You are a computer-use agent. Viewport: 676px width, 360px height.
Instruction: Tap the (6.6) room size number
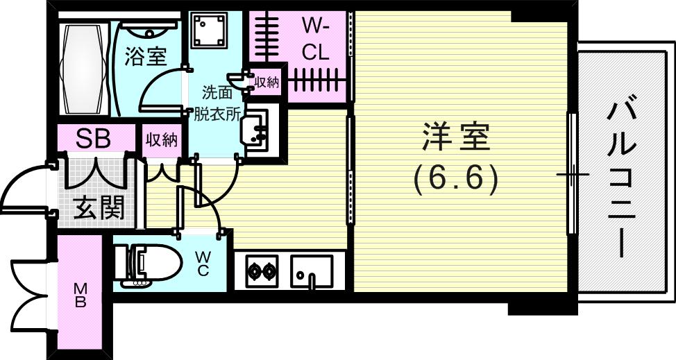(456, 180)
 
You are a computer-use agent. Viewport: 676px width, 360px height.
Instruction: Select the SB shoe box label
(93, 139)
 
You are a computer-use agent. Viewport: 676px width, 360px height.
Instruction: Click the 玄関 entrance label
(99, 208)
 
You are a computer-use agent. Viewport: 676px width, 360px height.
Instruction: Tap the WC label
(203, 264)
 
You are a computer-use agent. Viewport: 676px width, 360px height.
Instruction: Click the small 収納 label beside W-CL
(267, 83)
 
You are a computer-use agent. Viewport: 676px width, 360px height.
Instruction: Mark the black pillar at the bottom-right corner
(541, 307)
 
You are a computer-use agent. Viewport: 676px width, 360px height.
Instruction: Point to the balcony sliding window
(572, 173)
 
